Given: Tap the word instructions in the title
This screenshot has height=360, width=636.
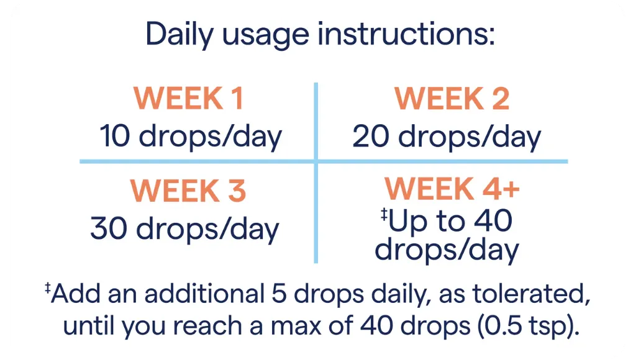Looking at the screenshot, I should point(406,34).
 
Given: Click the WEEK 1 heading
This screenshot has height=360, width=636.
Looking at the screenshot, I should point(189,99).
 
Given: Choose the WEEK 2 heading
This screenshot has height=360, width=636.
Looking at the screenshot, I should point(452,99).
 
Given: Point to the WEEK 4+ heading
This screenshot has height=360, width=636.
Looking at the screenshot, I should point(452,188).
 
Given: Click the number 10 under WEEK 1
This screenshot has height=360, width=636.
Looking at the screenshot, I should point(116,137).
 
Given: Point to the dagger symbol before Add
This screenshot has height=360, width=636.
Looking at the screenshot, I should point(48,288).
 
